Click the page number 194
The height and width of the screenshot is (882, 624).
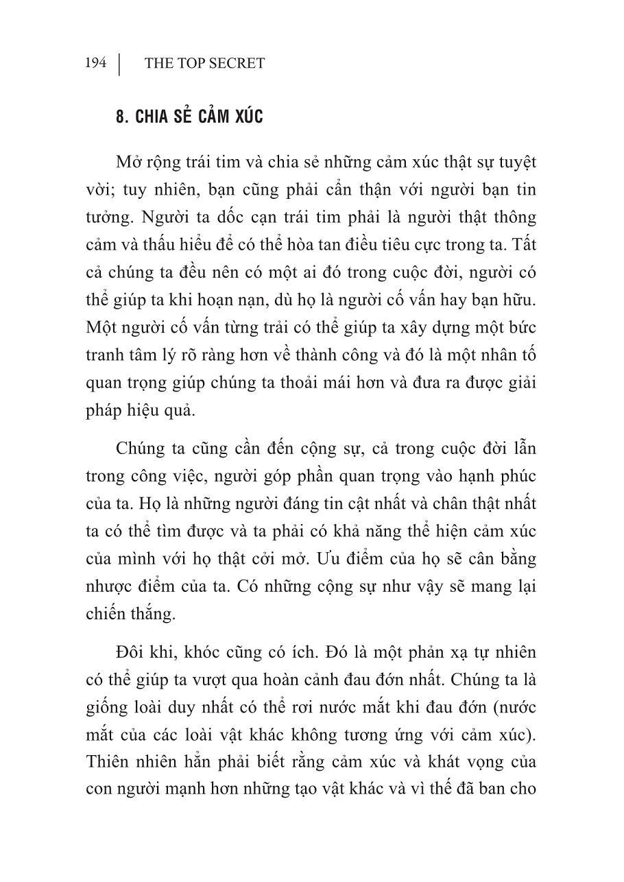click(96, 63)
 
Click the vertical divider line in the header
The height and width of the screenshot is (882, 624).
click(120, 63)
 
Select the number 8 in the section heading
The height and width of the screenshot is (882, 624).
click(121, 117)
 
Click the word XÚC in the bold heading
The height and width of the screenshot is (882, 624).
click(244, 117)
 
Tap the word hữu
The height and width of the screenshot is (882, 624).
click(522, 300)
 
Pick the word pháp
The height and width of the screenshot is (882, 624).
click(103, 410)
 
